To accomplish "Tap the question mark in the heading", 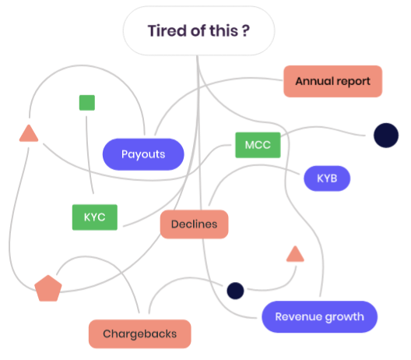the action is pos(246,30).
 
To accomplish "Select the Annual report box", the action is pos(333,81).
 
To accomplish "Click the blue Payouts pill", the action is pos(143,154).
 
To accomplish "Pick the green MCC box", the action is pos(258,145).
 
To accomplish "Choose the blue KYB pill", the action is pos(327,178).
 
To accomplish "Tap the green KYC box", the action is pos(95,217).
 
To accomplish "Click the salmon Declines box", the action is pos(195,224).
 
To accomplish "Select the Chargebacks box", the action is pos(140,334).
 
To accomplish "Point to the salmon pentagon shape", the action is pos(48,288).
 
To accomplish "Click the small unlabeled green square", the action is pos(87,103).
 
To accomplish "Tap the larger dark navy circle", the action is pos(386,136).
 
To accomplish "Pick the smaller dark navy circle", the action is pos(235,291).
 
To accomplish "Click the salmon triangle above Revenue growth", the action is pos(295,255).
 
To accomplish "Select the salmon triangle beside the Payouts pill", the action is pos(29,134).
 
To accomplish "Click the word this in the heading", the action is pos(223,30).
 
